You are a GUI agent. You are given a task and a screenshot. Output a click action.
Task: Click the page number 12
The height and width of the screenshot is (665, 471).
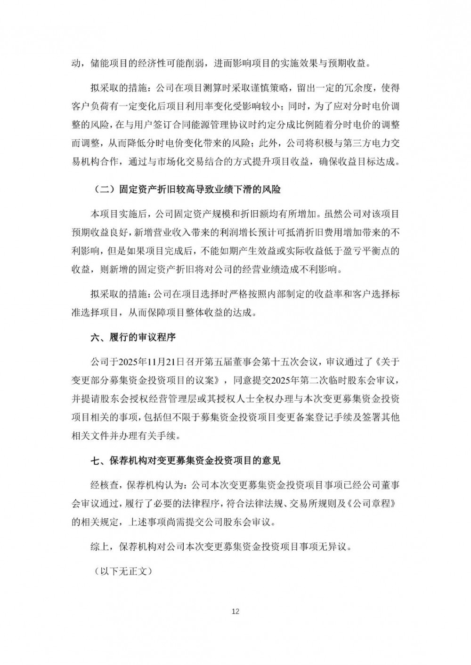click(x=236, y=611)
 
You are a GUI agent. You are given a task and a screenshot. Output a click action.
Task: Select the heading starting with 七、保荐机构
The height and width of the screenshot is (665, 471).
click(x=186, y=460)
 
